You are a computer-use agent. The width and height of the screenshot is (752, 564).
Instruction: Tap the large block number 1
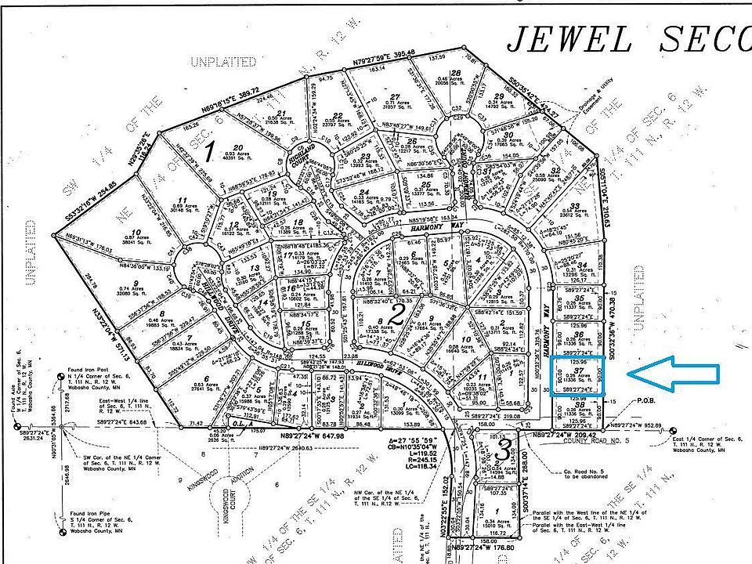(208, 148)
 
